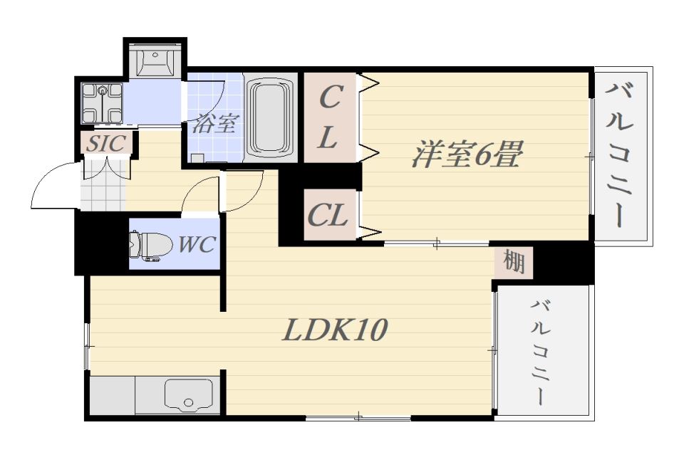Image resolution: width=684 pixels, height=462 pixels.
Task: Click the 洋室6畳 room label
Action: (x=467, y=155)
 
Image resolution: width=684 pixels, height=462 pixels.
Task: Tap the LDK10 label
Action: (x=334, y=330)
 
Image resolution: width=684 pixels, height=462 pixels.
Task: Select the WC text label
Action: (x=196, y=245)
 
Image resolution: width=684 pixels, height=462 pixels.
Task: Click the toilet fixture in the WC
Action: (x=149, y=246)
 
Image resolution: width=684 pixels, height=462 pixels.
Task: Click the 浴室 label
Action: (x=213, y=124)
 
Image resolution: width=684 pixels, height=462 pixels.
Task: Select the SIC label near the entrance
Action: (x=106, y=142)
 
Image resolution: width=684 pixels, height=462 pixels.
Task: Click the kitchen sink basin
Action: (x=188, y=394)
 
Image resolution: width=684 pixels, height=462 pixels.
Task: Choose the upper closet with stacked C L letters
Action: (x=328, y=117)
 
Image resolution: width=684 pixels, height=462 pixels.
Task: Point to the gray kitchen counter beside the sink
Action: (x=112, y=394)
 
